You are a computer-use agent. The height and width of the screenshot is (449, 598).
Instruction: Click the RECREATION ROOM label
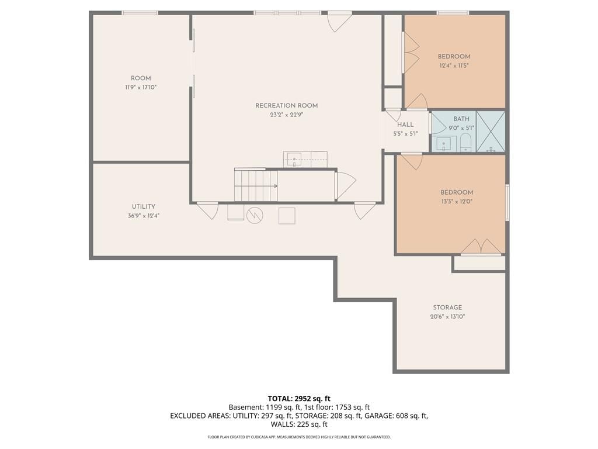pyautogui.click(x=286, y=105)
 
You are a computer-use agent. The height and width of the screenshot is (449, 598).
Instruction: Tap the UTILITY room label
pyautogui.click(x=144, y=206)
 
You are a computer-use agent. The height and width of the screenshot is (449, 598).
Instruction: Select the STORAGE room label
pyautogui.click(x=447, y=308)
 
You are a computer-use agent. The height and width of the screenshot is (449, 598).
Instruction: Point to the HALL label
pyautogui.click(x=405, y=125)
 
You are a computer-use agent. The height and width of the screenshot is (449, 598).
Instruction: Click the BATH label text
pyautogui.click(x=461, y=119)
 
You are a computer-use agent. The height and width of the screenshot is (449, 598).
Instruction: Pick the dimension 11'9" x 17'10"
pyautogui.click(x=141, y=88)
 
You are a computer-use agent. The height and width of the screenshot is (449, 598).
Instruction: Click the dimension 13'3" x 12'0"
pyautogui.click(x=457, y=202)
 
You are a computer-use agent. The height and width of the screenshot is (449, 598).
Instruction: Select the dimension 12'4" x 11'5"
pyautogui.click(x=454, y=65)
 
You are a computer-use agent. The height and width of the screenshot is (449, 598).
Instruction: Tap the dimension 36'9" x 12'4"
pyautogui.click(x=144, y=216)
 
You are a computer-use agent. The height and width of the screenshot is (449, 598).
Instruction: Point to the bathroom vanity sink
pyautogui.click(x=444, y=144)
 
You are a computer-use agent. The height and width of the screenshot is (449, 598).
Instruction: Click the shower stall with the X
pyautogui.click(x=491, y=132)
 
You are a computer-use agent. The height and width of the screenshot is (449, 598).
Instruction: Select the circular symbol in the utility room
pyautogui.click(x=255, y=215)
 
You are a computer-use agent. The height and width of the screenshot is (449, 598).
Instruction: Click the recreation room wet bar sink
pyautogui.click(x=294, y=160)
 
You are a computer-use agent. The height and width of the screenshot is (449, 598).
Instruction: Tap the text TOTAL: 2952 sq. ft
pyautogui.click(x=299, y=399)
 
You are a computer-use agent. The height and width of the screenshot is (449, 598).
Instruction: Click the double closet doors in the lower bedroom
pyautogui.click(x=481, y=247)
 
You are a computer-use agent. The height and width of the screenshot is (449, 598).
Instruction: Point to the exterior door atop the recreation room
pyautogui.click(x=339, y=22)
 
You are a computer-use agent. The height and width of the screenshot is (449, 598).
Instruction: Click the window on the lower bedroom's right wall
pyautogui.click(x=507, y=202)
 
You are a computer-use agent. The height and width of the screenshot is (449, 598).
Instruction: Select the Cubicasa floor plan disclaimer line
pyautogui.click(x=299, y=437)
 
